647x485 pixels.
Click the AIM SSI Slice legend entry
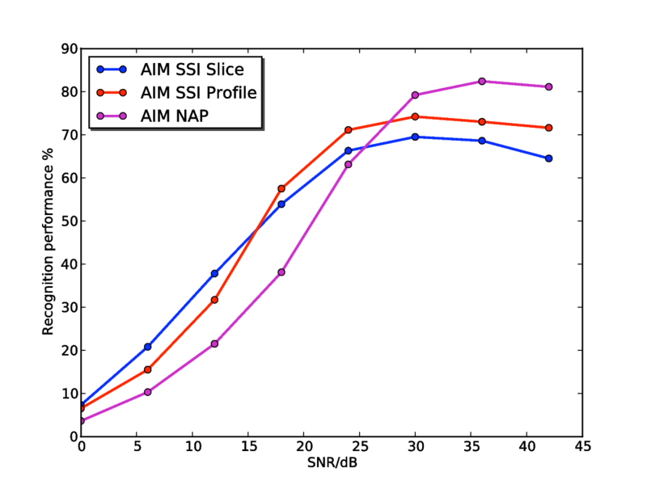click(x=191, y=69)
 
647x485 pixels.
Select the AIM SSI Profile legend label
click(x=198, y=92)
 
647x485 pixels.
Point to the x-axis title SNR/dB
click(x=331, y=464)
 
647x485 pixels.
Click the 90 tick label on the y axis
click(x=68, y=49)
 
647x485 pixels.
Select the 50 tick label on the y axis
click(x=68, y=221)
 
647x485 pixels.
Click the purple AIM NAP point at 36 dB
click(x=482, y=81)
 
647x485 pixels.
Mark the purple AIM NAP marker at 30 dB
click(x=415, y=95)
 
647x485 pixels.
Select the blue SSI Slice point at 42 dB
click(x=548, y=158)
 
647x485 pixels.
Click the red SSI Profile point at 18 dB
click(x=281, y=188)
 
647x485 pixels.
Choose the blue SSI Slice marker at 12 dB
click(x=214, y=273)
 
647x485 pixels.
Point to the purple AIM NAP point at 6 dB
click(x=147, y=392)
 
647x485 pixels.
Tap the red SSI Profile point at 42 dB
click(x=548, y=128)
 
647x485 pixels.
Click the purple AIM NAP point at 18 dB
click(x=281, y=272)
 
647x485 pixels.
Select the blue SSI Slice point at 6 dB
click(x=147, y=347)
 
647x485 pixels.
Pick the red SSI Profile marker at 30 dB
click(x=415, y=116)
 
